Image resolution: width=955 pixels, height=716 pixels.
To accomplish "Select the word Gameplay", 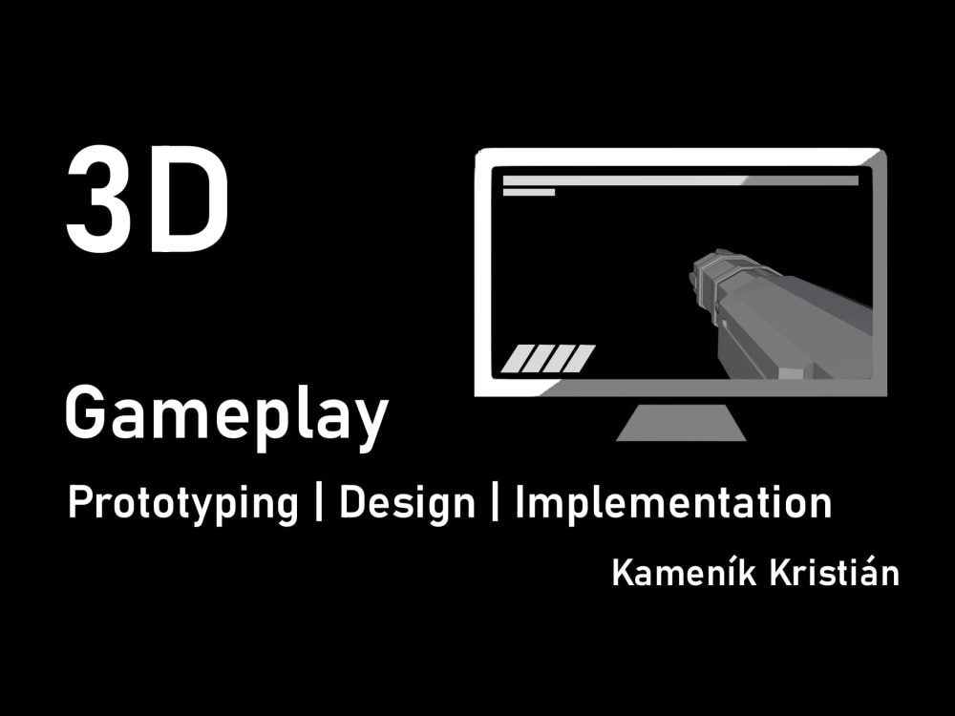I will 226,414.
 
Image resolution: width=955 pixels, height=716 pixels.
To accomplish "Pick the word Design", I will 407,503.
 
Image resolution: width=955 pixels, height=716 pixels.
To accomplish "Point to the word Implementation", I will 672,503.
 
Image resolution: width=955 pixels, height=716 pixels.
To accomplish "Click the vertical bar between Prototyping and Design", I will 319,504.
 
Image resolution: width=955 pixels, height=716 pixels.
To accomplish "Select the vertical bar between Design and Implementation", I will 496,504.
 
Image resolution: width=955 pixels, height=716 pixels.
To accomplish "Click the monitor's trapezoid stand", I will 681,423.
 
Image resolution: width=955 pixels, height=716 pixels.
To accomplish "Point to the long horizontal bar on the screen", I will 680,180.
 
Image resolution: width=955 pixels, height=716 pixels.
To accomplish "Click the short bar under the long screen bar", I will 529,193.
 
